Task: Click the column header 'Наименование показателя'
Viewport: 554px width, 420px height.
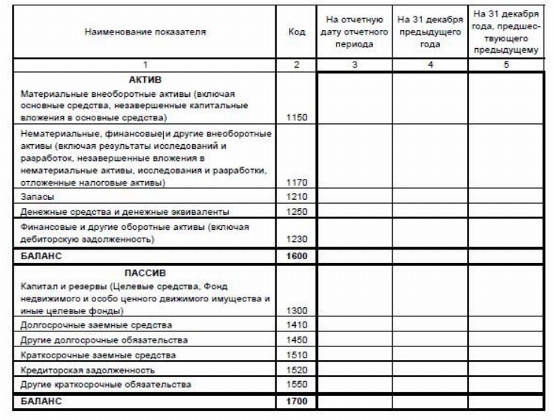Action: tap(145, 32)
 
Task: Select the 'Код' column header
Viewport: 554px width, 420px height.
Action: tap(297, 32)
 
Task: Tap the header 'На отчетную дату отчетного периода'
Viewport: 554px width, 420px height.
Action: tap(354, 32)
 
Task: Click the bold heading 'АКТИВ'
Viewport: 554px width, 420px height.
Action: tap(146, 79)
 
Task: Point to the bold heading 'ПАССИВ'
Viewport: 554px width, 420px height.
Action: tap(145, 273)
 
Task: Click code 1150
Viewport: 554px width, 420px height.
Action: tap(297, 118)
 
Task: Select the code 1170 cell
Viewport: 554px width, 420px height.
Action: tap(297, 182)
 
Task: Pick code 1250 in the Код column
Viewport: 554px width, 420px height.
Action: tap(297, 211)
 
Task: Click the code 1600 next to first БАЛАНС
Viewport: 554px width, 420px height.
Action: tap(297, 255)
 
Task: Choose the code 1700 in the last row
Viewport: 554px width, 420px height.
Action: tap(297, 401)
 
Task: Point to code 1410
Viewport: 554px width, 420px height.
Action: tap(297, 325)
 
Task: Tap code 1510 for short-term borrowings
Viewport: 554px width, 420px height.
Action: tap(297, 355)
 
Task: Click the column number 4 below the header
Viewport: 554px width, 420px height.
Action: tap(429, 65)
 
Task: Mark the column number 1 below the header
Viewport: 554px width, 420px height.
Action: tap(145, 65)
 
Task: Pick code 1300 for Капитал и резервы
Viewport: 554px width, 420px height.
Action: tap(297, 310)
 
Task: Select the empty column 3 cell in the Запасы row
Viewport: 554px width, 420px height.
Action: tap(354, 197)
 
